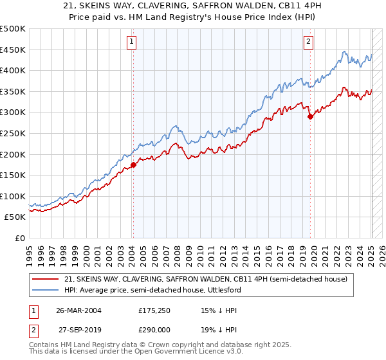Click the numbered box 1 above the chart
coord(131,42)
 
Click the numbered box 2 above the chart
coord(309,42)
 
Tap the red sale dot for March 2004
coord(133,165)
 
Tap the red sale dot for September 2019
coord(310,116)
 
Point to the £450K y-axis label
coord(12,50)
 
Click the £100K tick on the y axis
coord(12,196)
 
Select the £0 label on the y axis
coord(19,238)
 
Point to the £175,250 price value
coord(154,310)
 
